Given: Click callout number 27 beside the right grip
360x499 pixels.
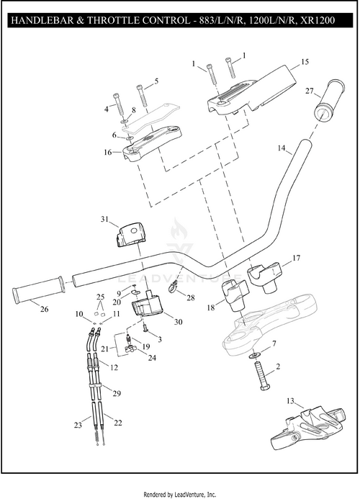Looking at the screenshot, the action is click(x=310, y=91).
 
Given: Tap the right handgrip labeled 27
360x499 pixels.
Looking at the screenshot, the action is click(x=330, y=101).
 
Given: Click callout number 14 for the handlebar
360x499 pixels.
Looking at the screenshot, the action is click(x=282, y=148).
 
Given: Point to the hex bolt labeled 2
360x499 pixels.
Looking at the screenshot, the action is click(x=263, y=376).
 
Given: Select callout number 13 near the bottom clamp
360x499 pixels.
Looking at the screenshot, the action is click(x=290, y=401).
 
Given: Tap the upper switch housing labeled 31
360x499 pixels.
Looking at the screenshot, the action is click(x=131, y=235).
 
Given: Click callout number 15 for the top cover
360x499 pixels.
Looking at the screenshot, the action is click(x=305, y=61).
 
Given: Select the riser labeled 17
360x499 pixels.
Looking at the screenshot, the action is click(x=264, y=277).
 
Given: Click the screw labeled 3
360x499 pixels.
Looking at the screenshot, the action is click(x=145, y=328).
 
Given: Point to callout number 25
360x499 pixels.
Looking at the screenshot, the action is click(x=101, y=297).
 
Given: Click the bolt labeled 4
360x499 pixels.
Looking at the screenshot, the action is click(x=118, y=105).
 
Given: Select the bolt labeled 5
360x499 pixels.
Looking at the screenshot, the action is click(x=142, y=95).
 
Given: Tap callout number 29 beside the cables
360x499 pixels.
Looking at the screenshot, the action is click(x=117, y=393).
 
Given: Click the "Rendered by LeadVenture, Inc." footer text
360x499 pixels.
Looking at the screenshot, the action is click(x=180, y=495).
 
